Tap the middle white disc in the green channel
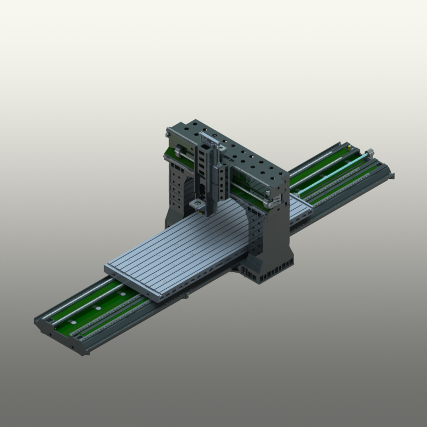pyautogui.click(x=98, y=308)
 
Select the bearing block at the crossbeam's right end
pyautogui.click(x=275, y=202)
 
